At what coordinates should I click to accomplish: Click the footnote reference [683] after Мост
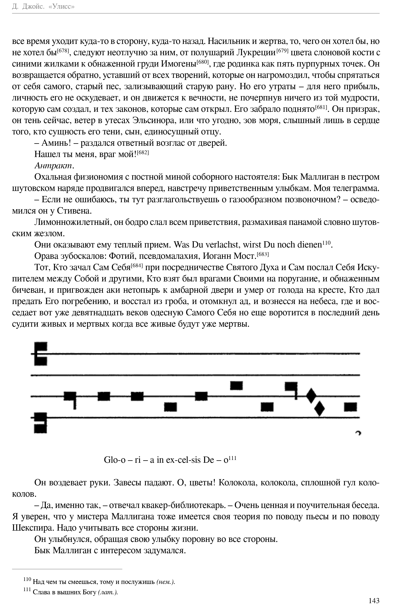click(x=263, y=254)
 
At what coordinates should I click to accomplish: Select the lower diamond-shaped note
click(x=319, y=408)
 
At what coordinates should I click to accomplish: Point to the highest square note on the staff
click(x=236, y=385)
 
